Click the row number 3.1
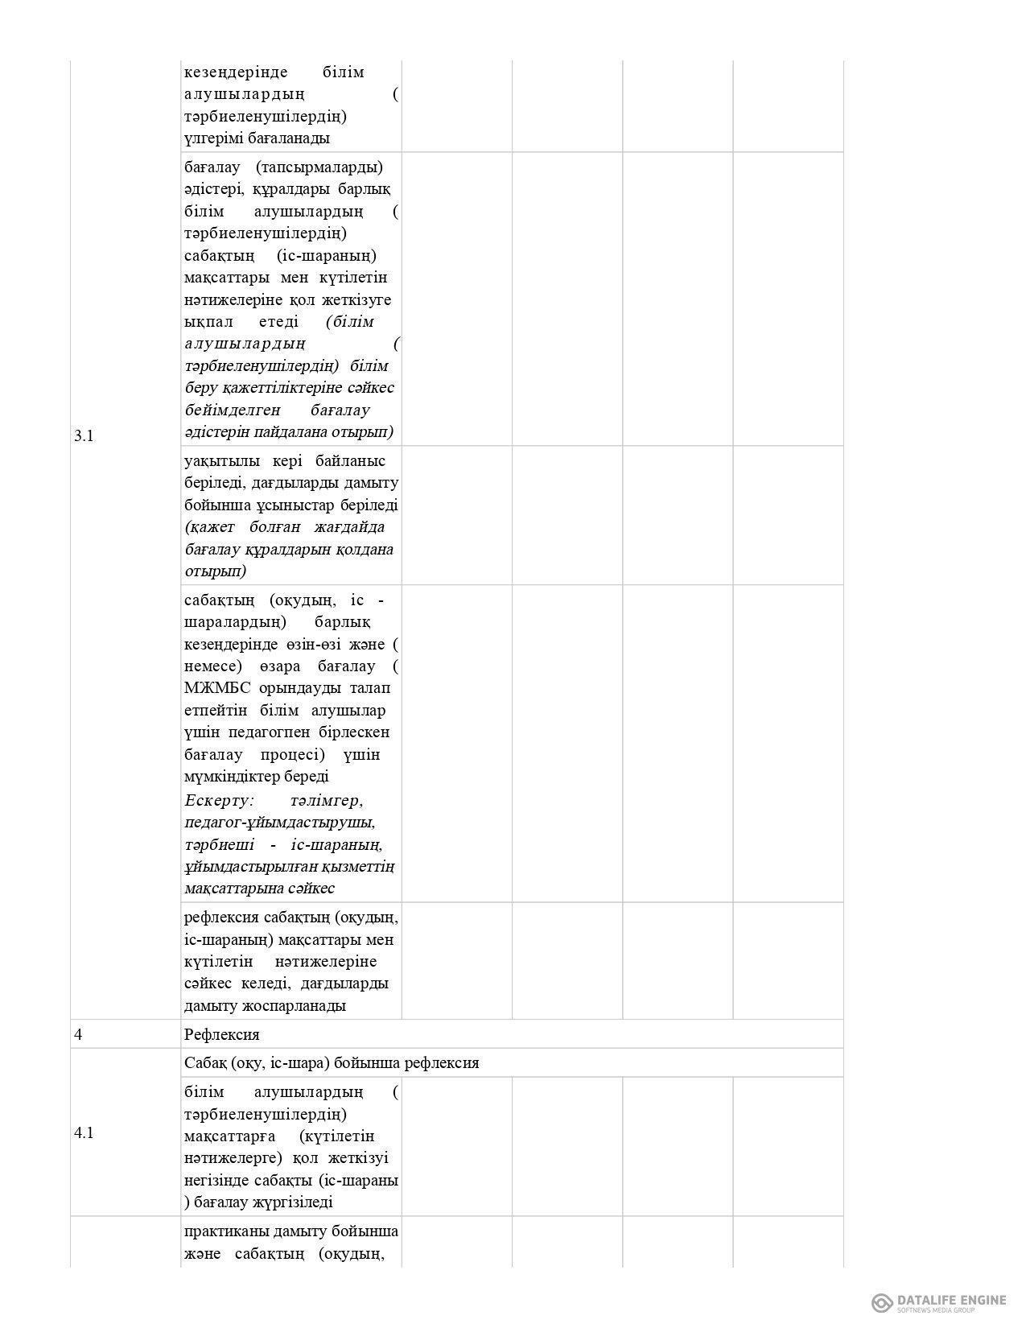tap(84, 436)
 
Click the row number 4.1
tap(84, 1132)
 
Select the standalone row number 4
tap(77, 1034)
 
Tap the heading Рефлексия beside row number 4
tap(221, 1034)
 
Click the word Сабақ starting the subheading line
tap(205, 1062)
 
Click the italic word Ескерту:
tap(219, 801)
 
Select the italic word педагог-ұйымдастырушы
tap(279, 823)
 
